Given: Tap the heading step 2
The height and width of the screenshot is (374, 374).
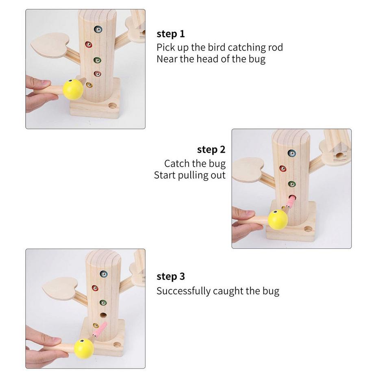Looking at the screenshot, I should pyautogui.click(x=211, y=150).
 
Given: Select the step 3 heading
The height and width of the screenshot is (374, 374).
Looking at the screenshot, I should pyautogui.click(x=170, y=276).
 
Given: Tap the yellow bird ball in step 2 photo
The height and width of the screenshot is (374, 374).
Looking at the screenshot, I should pyautogui.click(x=278, y=219).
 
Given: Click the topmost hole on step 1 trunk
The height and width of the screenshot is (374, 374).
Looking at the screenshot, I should pyautogui.click(x=98, y=29).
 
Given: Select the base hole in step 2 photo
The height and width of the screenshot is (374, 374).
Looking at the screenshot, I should pyautogui.click(x=308, y=229).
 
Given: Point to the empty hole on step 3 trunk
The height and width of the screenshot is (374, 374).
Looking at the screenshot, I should pyautogui.click(x=104, y=315).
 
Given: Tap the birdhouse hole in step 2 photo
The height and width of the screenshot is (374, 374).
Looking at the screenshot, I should pyautogui.click(x=339, y=155).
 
